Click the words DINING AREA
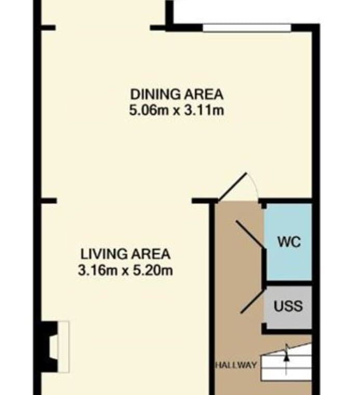pos(177,95)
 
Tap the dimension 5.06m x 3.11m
pos(177,110)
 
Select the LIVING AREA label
pos(125,254)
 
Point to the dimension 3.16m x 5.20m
pos(125,271)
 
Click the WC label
pos(289,242)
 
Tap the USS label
pos(288,306)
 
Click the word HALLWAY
pos(236,365)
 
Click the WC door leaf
pos(250,234)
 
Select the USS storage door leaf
pos(252,301)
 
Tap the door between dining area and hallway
pos(232,187)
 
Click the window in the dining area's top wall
pos(247,28)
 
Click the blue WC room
pos(289,242)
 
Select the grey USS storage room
pos(289,307)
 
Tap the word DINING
pos(155,95)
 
